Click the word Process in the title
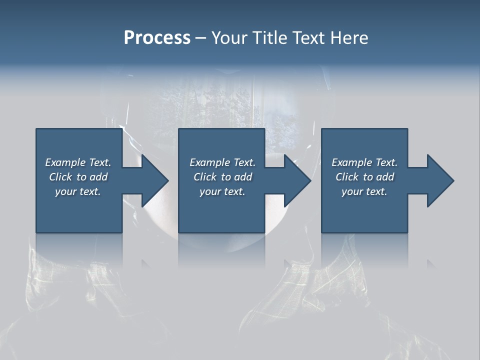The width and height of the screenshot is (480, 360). (x=157, y=38)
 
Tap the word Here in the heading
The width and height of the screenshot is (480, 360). (x=349, y=38)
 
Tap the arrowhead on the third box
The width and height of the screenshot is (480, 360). (x=440, y=181)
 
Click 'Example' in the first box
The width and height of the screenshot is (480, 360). (x=65, y=162)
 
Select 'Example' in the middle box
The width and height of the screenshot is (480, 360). (x=209, y=162)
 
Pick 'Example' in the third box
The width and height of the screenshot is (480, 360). (x=351, y=162)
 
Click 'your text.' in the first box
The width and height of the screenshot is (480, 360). (x=78, y=191)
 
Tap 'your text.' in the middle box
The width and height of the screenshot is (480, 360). (x=222, y=191)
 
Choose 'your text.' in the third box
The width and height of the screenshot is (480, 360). (x=364, y=191)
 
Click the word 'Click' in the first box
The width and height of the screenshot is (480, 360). (x=60, y=177)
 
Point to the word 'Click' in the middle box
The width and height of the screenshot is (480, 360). (x=204, y=177)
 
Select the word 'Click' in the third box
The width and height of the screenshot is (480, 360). (x=346, y=177)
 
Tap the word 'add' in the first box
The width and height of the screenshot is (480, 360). (x=99, y=177)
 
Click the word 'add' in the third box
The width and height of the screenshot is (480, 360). (x=385, y=177)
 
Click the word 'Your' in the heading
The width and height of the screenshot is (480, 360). (x=228, y=38)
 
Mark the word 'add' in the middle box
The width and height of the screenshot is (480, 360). (x=243, y=177)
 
